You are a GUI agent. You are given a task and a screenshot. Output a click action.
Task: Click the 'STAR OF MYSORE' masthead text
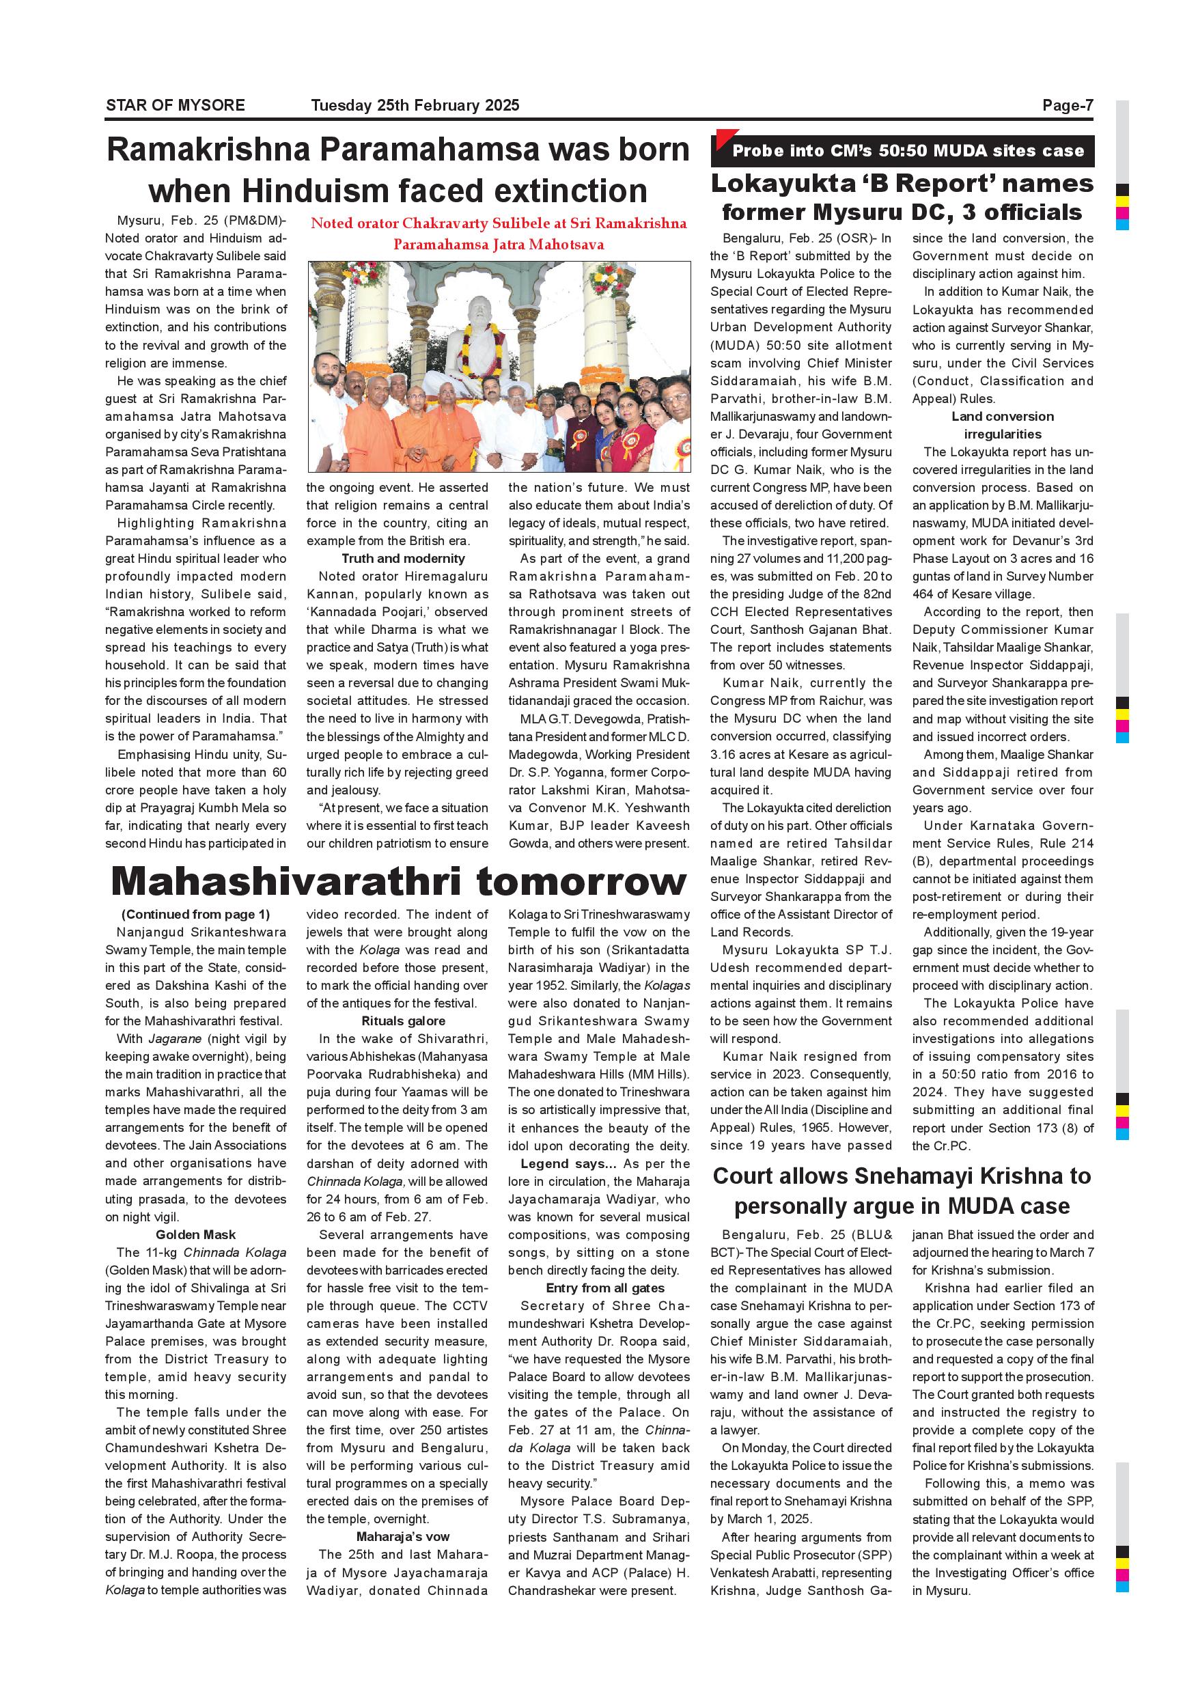[x=175, y=105]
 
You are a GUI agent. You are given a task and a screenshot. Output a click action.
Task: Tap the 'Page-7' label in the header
[x=1067, y=105]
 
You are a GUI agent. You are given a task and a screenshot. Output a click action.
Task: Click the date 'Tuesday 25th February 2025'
[x=415, y=105]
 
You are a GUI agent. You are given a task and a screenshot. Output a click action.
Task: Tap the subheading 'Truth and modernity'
[x=403, y=559]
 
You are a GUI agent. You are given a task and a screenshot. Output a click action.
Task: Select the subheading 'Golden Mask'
[x=195, y=1234]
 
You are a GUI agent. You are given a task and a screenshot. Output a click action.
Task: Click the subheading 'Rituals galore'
[x=403, y=1021]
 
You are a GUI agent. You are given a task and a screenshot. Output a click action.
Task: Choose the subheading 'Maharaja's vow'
[x=403, y=1537]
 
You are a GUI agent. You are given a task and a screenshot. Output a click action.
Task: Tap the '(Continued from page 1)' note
[x=195, y=914]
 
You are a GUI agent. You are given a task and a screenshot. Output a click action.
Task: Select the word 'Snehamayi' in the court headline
[x=929, y=1176]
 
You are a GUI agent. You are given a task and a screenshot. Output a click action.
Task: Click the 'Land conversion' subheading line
[x=1002, y=416]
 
